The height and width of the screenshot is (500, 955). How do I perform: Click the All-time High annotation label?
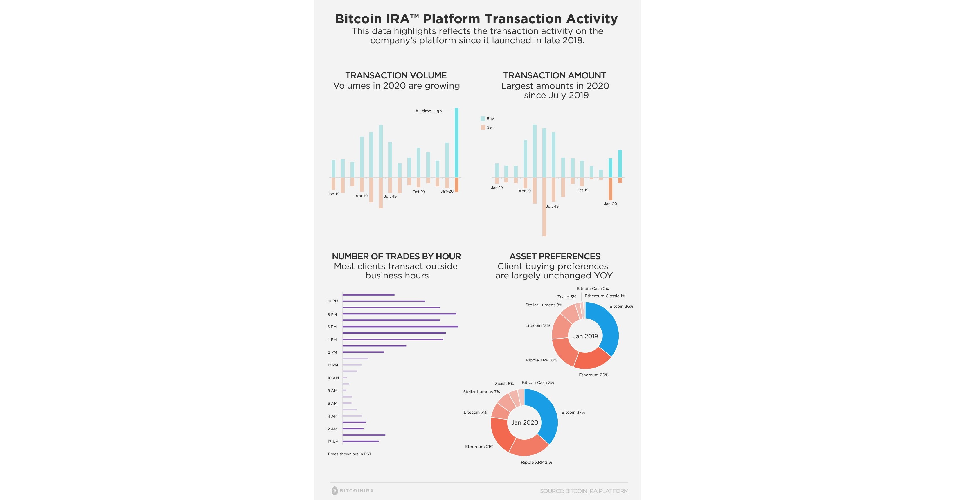[428, 111]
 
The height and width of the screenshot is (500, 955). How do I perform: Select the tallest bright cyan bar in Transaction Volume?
[456, 143]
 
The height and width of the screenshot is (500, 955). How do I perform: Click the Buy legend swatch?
[483, 118]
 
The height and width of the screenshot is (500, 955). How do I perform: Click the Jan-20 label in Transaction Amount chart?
[610, 204]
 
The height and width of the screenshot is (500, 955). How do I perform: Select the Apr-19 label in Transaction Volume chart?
[362, 196]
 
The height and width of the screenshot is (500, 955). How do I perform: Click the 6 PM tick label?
[332, 327]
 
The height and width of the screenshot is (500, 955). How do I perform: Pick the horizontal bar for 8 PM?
[399, 314]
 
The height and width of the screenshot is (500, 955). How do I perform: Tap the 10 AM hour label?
[333, 378]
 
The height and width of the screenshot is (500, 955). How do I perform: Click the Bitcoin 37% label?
[573, 412]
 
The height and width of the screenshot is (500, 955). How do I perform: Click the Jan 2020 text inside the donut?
[524, 422]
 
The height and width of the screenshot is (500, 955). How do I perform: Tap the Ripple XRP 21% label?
[536, 462]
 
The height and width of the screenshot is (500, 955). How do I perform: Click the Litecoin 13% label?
[537, 325]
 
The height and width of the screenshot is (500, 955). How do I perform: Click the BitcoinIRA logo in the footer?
[352, 490]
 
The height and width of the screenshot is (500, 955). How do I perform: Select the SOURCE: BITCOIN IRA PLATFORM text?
[584, 491]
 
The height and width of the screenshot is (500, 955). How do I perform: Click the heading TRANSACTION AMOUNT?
[554, 75]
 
